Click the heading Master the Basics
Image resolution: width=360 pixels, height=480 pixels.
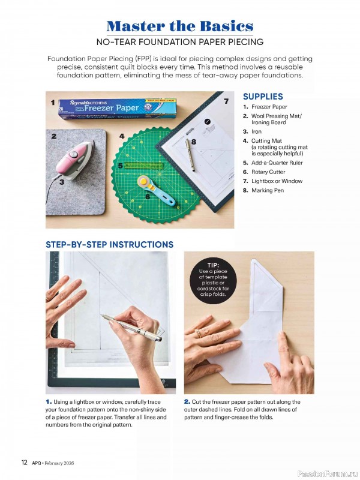click(179, 26)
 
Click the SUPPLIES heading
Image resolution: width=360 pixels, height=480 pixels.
click(263, 97)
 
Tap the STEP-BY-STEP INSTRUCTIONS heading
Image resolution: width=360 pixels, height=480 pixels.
click(109, 244)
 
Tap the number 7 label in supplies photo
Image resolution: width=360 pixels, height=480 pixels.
click(226, 101)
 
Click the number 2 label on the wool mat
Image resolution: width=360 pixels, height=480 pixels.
click(53, 136)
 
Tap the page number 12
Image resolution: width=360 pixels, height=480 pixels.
click(24, 463)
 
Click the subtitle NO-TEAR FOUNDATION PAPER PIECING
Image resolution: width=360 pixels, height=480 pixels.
click(179, 42)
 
